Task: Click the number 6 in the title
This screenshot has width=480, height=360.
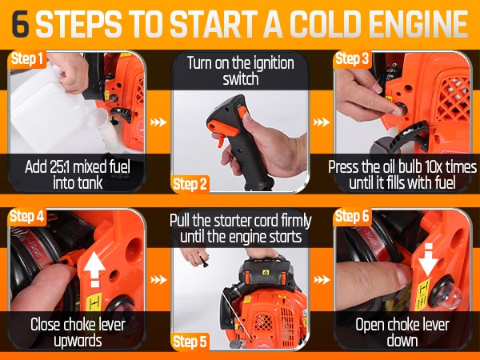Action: pos(20,24)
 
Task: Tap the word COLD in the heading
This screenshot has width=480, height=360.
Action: pos(326,24)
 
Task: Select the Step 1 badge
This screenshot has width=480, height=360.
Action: pos(27,58)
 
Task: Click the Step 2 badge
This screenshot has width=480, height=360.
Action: pos(190,184)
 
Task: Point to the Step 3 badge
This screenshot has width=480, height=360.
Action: pos(352,58)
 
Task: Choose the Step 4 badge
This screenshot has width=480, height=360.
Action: pos(27,217)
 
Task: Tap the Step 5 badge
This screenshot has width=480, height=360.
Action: pos(190,342)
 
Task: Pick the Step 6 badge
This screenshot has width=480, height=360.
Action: pos(352,217)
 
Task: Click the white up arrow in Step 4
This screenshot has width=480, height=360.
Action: pos(95,270)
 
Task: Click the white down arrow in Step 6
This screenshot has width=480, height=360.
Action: pos(429,259)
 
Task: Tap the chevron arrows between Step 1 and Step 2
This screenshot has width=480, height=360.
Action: pos(158,122)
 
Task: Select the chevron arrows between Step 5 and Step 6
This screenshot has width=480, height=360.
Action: pos(322,280)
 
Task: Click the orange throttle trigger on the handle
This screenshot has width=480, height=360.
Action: pos(222,129)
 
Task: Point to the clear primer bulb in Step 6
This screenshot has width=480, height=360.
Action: pos(446,295)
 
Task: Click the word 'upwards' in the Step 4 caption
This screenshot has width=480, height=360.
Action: pos(78,342)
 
